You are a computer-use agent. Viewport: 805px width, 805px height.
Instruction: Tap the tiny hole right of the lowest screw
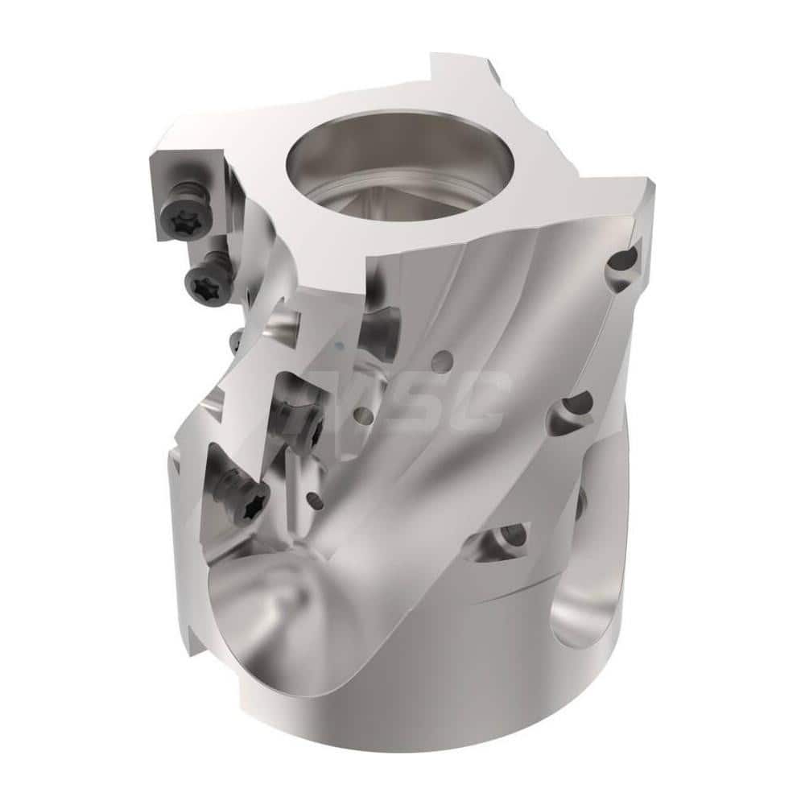click(x=316, y=502)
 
